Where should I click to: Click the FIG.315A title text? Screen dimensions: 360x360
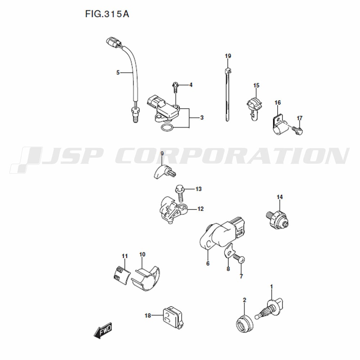(107, 14)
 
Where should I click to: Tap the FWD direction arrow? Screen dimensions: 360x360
(103, 330)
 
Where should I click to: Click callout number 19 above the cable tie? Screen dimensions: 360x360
(228, 56)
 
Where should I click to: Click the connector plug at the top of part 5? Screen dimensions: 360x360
(113, 43)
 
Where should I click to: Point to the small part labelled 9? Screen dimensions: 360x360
(165, 172)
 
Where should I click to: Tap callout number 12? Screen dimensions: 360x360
(201, 209)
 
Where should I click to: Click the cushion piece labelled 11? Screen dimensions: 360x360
(122, 275)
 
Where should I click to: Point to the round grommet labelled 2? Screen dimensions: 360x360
(244, 324)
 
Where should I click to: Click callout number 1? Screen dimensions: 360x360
(271, 287)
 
